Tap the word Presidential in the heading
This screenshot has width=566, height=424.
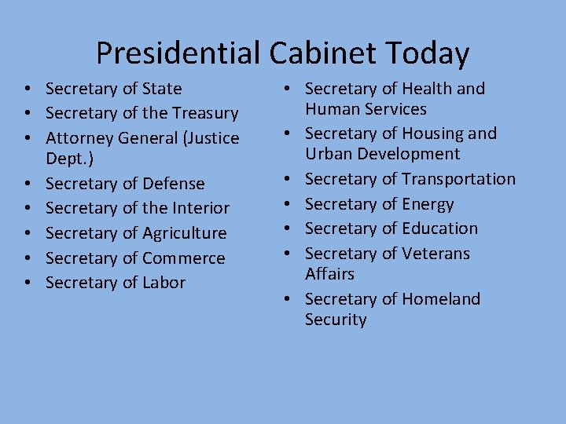(178, 53)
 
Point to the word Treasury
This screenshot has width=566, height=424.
(204, 114)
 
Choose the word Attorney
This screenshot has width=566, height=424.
(80, 139)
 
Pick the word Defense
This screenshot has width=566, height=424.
(174, 184)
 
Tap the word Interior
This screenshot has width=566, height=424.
(200, 208)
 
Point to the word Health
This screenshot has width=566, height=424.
(427, 89)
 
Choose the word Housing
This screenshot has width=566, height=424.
(432, 133)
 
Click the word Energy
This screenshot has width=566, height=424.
(428, 205)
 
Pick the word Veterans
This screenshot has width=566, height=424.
(436, 254)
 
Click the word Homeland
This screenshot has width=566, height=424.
(441, 299)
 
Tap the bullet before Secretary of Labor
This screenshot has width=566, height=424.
(28, 283)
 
